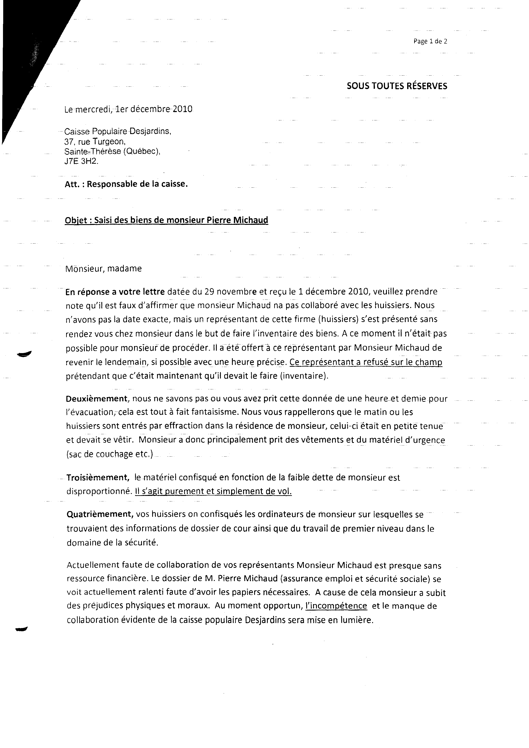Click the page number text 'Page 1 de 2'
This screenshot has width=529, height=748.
point(430,41)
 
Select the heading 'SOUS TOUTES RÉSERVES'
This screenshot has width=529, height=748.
point(397,86)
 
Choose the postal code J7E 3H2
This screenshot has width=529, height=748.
point(81,161)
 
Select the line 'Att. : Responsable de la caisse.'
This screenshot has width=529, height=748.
point(126,184)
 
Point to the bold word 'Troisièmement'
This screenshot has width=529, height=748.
point(97,477)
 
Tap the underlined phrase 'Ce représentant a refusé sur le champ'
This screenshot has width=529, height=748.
point(366,362)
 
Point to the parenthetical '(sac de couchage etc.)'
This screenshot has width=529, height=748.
point(109,454)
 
